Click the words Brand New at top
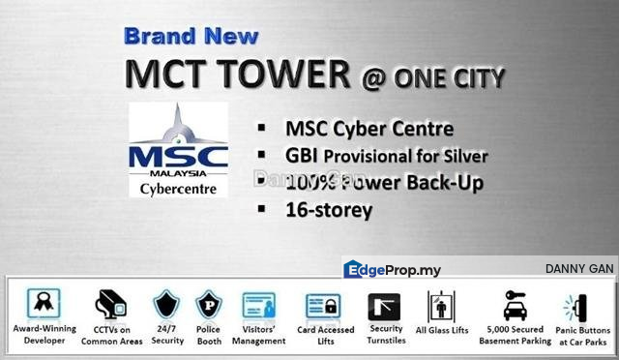click(x=191, y=37)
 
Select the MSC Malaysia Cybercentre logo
click(x=178, y=150)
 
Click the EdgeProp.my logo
click(x=393, y=269)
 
